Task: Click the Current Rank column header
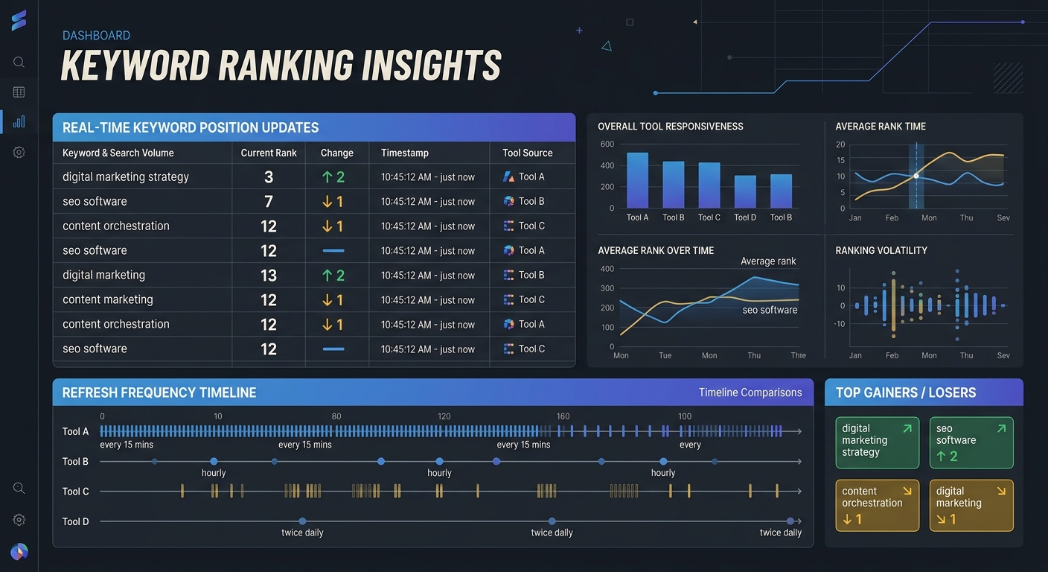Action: coord(269,153)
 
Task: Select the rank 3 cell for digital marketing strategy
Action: coord(269,177)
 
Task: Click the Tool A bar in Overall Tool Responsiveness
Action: coord(637,180)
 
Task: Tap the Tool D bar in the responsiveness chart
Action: coord(745,191)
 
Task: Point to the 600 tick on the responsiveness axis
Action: coord(607,144)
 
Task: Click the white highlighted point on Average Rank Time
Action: coord(916,176)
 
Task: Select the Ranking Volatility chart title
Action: coord(881,250)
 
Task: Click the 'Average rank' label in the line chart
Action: coord(768,261)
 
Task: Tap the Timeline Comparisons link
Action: coord(750,393)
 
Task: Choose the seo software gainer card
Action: coord(971,442)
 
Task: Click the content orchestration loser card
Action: coord(877,505)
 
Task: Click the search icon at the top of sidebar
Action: coord(19,63)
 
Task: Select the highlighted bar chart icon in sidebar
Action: coord(19,121)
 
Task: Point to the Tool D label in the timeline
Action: coord(75,521)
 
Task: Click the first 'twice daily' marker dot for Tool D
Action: coord(302,521)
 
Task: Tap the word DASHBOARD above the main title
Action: coord(96,36)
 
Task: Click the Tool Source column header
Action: coord(527,153)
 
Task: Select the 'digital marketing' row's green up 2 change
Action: coord(333,276)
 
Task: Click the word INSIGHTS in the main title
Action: coord(431,66)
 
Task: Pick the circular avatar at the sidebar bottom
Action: coord(19,552)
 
